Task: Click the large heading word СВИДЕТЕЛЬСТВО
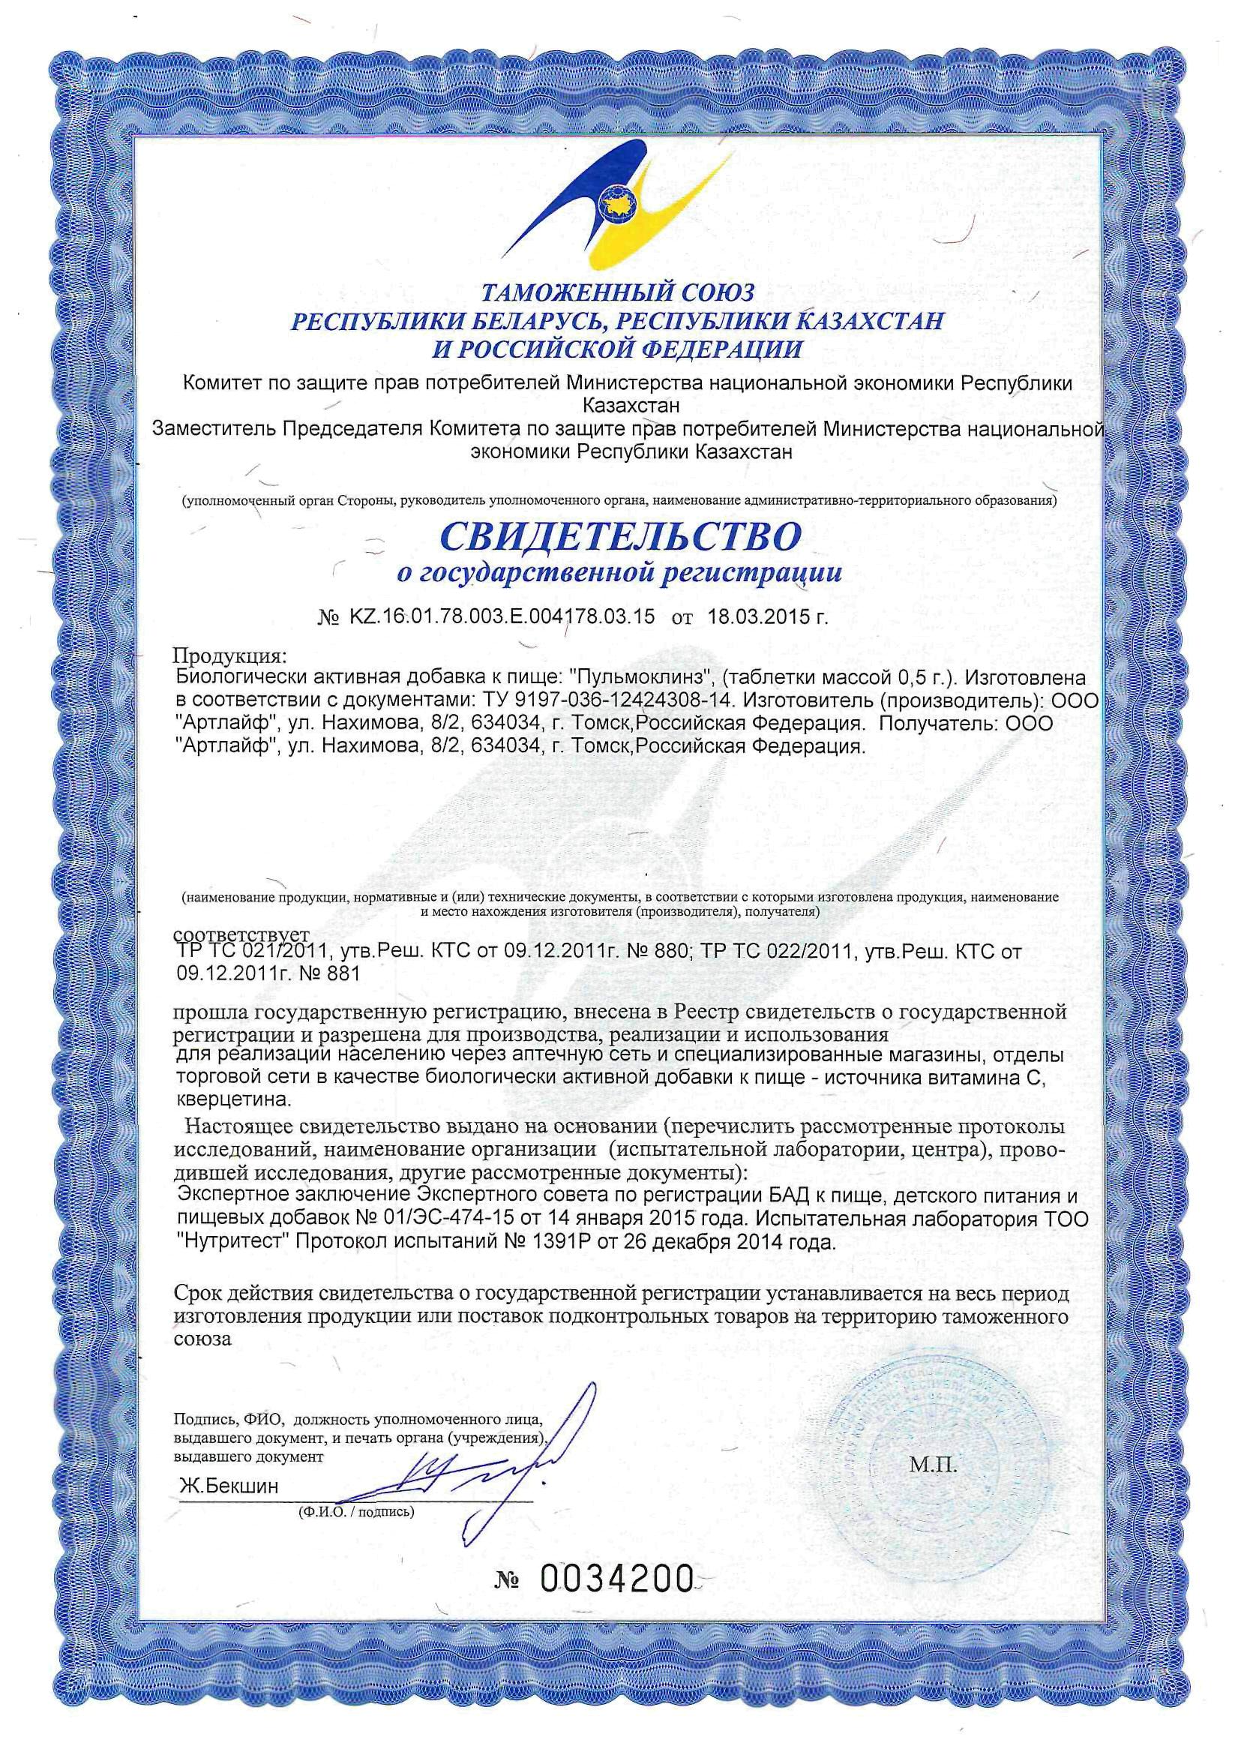click(619, 536)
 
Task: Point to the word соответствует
click(241, 934)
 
